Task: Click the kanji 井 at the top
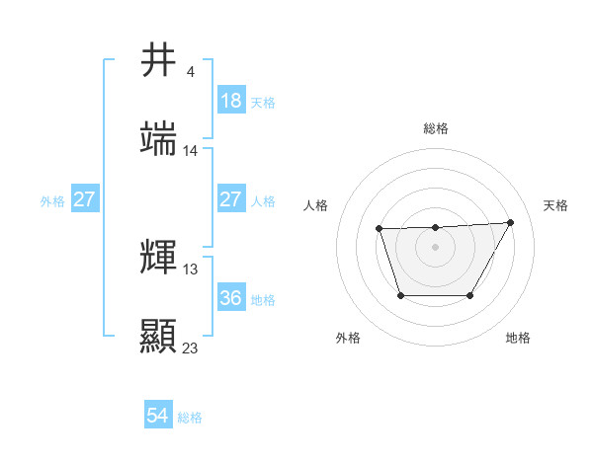coord(159,61)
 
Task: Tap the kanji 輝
coord(159,258)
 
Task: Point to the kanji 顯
coord(159,336)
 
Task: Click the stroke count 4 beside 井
coord(190,72)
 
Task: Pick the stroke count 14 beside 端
coord(191,151)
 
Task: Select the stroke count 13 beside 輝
coord(191,269)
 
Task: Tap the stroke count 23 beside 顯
coord(191,348)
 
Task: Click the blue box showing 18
coord(230,101)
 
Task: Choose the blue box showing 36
coord(230,297)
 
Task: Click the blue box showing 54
coord(158,416)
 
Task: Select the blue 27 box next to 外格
coord(84,199)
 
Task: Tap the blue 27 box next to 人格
coord(230,199)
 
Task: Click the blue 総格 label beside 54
coord(190,418)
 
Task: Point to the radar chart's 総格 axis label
coord(436,128)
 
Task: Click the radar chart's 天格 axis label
coord(555,205)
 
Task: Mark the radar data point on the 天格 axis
coord(510,222)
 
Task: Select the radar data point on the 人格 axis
coord(380,229)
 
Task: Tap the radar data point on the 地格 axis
coord(470,295)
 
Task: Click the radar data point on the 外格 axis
coord(400,295)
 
